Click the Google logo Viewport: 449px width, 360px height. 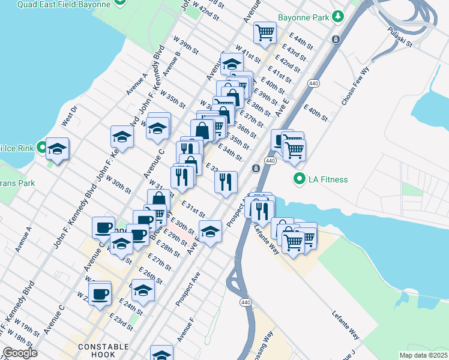click(20, 353)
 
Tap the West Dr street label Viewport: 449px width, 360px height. click(69, 116)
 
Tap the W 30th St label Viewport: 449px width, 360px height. click(118, 184)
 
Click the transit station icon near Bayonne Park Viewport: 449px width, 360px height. click(336, 40)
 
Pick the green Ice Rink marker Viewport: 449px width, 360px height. click(41, 146)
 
